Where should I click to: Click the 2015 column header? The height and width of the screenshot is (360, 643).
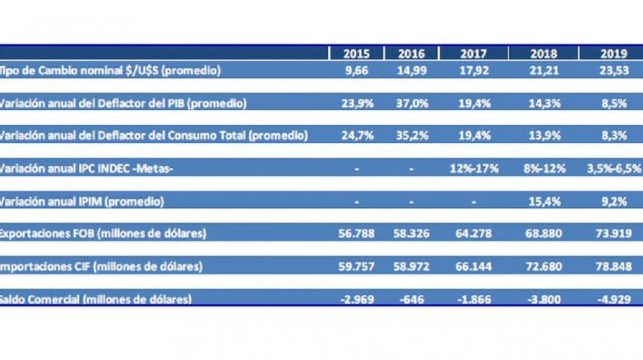(356, 53)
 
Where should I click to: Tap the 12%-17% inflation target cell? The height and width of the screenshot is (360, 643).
(474, 169)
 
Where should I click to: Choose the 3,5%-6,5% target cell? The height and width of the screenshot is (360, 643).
(614, 169)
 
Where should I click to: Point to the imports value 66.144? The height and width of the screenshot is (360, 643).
(474, 267)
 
